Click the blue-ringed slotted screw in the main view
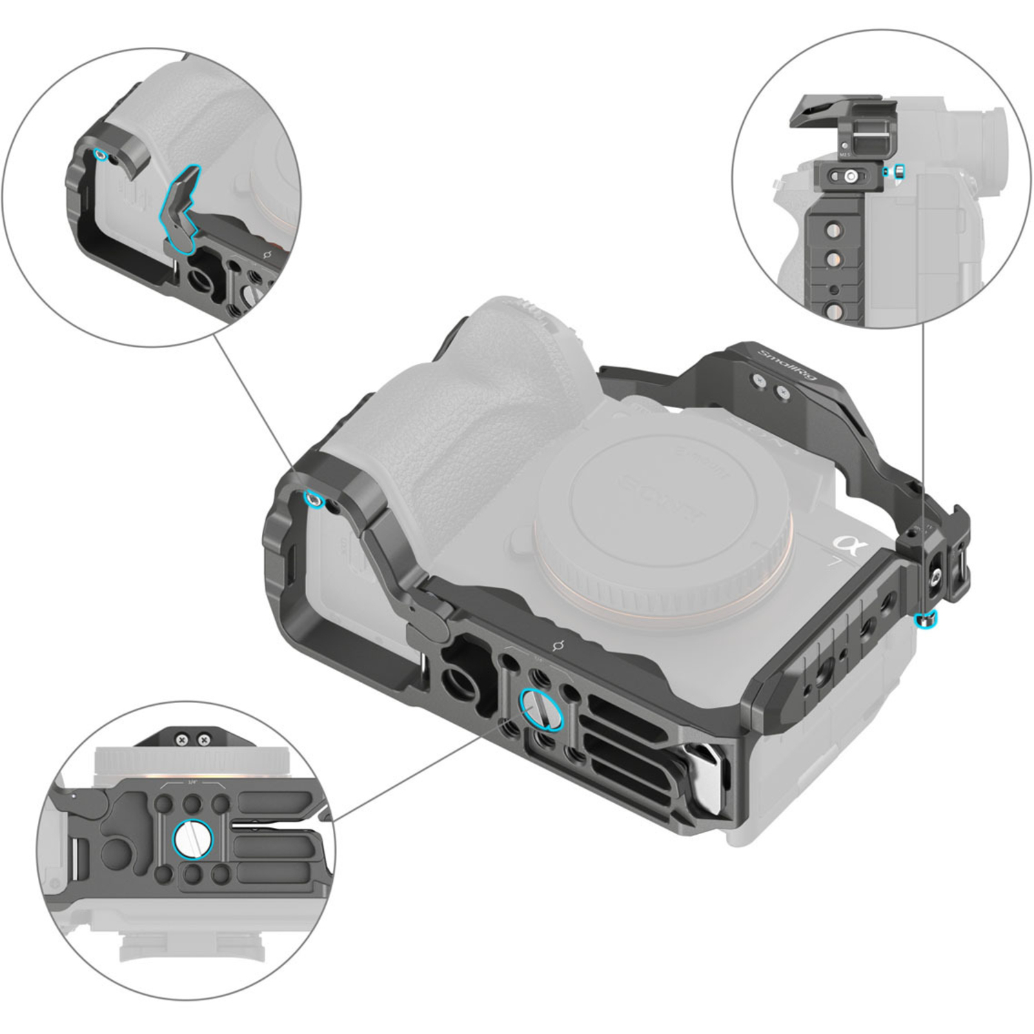543,709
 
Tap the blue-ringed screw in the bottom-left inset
194,839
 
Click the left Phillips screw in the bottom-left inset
182,740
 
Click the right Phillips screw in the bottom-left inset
203,740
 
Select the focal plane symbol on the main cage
559,645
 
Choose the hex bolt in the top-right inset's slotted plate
851,176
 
